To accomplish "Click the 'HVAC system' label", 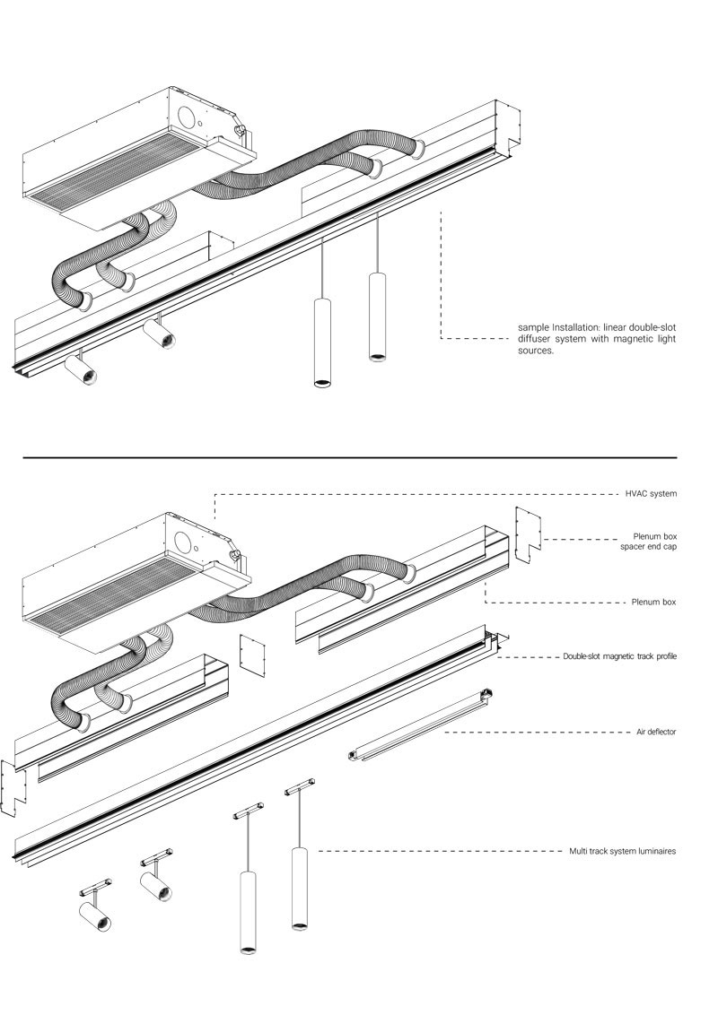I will (x=651, y=494).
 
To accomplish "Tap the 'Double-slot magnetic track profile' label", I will (x=619, y=657).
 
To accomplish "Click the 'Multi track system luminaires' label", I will (x=622, y=851).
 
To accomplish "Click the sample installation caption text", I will (x=597, y=339).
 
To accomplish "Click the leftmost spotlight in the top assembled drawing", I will (x=83, y=369).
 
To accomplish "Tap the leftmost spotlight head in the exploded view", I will (x=94, y=917).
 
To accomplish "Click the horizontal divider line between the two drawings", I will (x=350, y=457).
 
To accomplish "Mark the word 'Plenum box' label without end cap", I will (x=653, y=603).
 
